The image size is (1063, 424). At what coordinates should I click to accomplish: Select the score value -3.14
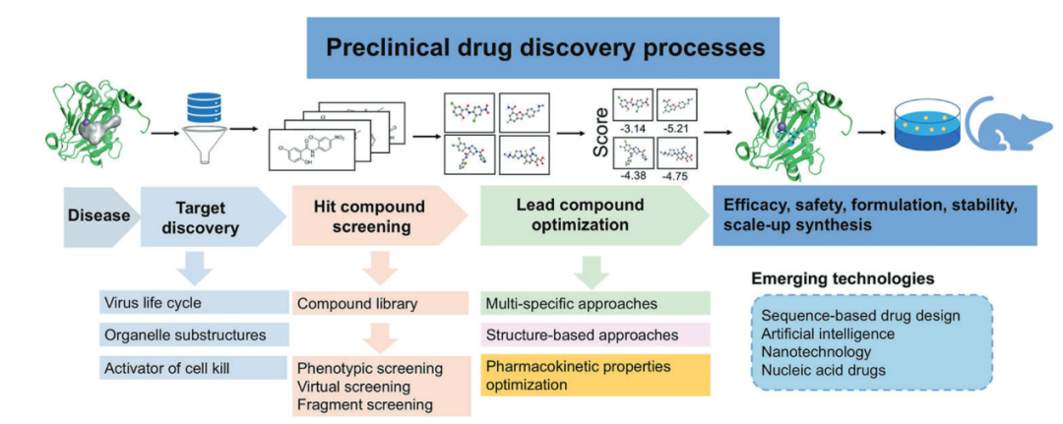click(627, 129)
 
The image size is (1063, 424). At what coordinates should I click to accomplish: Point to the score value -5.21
click(678, 129)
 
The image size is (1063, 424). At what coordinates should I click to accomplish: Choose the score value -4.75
click(678, 177)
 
